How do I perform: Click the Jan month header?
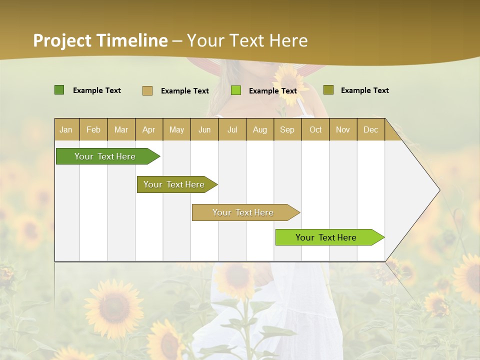point(66,129)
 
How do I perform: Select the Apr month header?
point(148,129)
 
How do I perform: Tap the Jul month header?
point(232,129)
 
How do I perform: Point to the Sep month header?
point(287,129)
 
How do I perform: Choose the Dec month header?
point(370,129)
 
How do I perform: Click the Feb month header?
point(93,129)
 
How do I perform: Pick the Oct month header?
point(315,129)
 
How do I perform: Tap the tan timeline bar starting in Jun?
point(243,212)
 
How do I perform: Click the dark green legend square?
point(59,90)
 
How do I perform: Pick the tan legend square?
point(147,90)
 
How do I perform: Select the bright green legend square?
point(236,90)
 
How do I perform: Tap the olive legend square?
point(328,90)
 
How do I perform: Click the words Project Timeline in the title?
point(100,40)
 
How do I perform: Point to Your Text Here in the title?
point(247,40)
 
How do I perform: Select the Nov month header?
point(342,129)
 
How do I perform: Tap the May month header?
point(176,129)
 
